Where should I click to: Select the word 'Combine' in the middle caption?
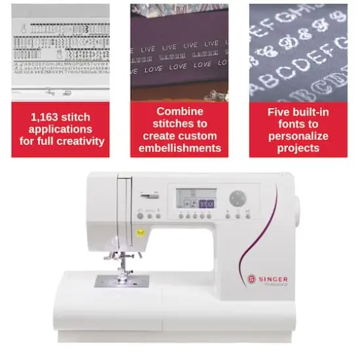click(x=179, y=111)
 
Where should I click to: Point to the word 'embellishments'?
click(x=179, y=148)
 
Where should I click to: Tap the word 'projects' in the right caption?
click(x=298, y=148)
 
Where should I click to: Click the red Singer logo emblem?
click(x=251, y=278)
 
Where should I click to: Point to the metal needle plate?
click(x=122, y=281)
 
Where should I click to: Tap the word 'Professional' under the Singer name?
click(x=276, y=285)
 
